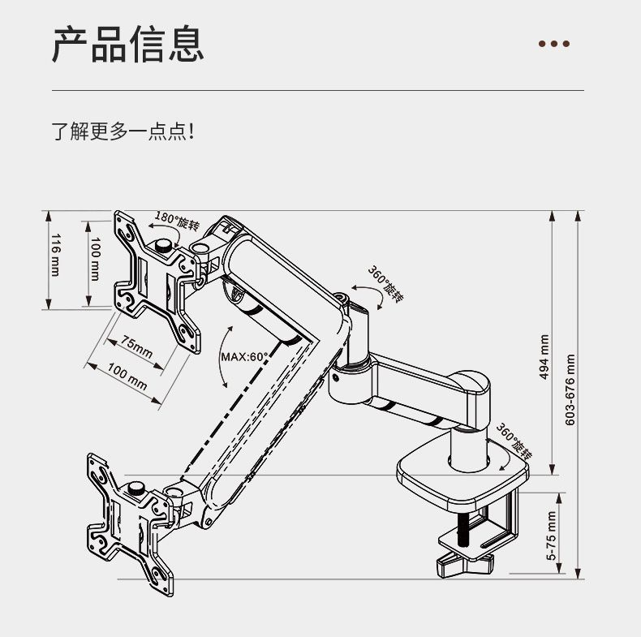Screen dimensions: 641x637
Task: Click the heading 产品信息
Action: (128, 44)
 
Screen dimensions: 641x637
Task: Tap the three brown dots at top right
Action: (554, 44)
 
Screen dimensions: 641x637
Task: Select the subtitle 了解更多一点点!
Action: (123, 131)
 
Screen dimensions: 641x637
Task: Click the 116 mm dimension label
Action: (56, 255)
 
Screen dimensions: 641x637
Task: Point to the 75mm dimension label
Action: (137, 347)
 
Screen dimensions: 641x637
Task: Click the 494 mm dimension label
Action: (544, 357)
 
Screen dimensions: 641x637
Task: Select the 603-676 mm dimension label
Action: (570, 390)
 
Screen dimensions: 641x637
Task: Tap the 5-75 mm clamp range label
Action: (552, 536)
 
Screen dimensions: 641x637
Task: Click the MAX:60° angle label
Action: (244, 357)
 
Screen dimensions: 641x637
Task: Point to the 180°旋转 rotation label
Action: (177, 221)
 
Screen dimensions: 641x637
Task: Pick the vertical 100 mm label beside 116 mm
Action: (95, 259)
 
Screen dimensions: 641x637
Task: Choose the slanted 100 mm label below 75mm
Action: (127, 377)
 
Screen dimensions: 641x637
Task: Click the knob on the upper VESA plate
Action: (164, 246)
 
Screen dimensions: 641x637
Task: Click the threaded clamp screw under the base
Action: (465, 528)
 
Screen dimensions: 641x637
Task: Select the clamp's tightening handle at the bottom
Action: (465, 564)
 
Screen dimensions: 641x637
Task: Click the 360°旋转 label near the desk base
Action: (514, 441)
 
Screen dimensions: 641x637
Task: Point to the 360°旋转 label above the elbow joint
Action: (385, 284)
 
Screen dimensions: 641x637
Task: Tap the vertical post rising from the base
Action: (469, 449)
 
